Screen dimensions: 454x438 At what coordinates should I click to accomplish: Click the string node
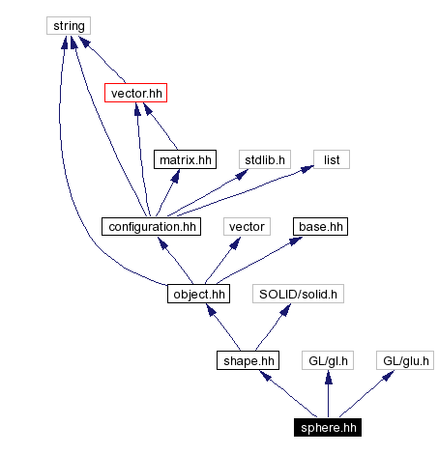[x=68, y=25]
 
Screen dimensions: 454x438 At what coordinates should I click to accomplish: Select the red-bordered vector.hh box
[x=136, y=94]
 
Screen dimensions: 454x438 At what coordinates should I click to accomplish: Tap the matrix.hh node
[x=184, y=159]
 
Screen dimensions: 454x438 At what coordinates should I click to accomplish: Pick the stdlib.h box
[x=264, y=159]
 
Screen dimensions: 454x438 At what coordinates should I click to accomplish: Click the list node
[x=331, y=159]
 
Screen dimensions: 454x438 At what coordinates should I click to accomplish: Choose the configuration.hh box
[x=149, y=227]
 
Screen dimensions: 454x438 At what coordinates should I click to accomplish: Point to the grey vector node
[x=247, y=227]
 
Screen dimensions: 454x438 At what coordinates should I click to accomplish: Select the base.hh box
[x=319, y=227]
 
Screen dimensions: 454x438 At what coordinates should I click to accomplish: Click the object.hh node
[x=196, y=294]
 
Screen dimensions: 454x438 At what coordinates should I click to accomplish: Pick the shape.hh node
[x=247, y=360]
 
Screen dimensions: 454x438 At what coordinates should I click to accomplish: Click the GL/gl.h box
[x=329, y=360]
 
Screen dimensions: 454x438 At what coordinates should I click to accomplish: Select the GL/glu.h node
[x=404, y=360]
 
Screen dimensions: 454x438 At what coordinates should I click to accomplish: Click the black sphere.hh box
[x=330, y=426]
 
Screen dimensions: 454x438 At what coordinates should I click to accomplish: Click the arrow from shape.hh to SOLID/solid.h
[x=272, y=326]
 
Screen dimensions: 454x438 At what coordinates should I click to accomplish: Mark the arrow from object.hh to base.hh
[x=261, y=259]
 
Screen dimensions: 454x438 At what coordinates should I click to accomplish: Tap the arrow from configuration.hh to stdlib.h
[x=208, y=192]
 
